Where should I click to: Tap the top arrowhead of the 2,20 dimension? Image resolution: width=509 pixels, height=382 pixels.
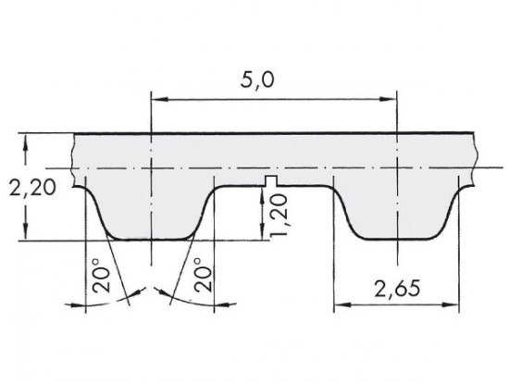click(30, 141)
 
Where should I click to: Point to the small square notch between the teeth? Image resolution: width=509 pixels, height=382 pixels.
click(270, 179)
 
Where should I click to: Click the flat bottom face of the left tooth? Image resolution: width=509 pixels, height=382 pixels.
click(150, 238)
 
